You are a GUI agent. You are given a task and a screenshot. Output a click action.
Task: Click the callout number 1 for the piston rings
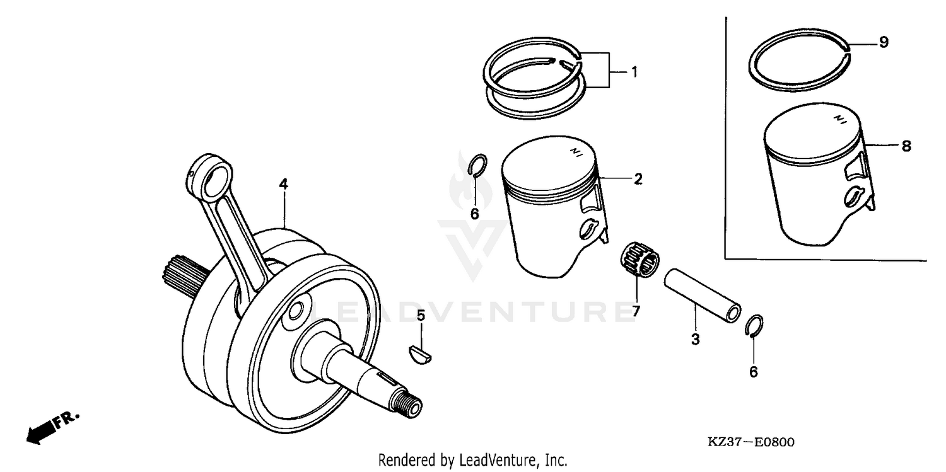tap(634, 72)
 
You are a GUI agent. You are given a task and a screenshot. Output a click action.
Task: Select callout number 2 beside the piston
tap(638, 180)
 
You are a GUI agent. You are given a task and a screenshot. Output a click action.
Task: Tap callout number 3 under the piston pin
tap(695, 339)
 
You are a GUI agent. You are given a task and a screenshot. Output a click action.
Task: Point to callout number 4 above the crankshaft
tap(284, 184)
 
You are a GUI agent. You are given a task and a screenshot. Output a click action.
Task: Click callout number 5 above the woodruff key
tap(421, 315)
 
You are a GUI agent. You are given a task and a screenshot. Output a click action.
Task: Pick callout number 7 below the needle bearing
tap(636, 311)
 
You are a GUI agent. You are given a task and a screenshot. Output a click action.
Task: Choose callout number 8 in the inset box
tap(906, 146)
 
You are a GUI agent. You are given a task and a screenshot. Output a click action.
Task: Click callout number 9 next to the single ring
tap(884, 42)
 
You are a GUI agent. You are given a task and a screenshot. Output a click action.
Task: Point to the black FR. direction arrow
tap(39, 431)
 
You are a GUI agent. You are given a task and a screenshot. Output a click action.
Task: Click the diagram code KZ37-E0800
tap(751, 442)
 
